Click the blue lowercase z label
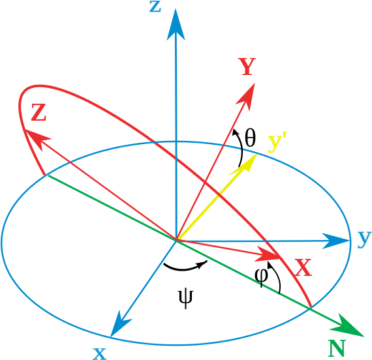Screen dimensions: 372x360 pyautogui.click(x=155, y=7)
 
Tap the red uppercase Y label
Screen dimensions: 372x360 pyautogui.click(x=247, y=67)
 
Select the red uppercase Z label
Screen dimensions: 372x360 pyautogui.click(x=39, y=113)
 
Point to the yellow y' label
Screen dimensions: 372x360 pyautogui.click(x=277, y=143)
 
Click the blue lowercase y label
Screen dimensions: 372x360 pyautogui.click(x=364, y=239)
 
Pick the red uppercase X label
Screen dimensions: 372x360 pyautogui.click(x=303, y=267)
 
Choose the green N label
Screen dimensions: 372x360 pyautogui.click(x=337, y=348)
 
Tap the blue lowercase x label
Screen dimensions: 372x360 pyautogui.click(x=99, y=353)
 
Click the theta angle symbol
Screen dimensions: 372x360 pyautogui.click(x=251, y=138)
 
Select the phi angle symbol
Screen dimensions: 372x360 pyautogui.click(x=261, y=277)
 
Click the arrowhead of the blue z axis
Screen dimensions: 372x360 pyautogui.click(x=176, y=25)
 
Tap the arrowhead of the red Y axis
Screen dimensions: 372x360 pyautogui.click(x=247, y=96)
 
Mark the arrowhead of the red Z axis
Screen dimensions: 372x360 pyautogui.click(x=37, y=139)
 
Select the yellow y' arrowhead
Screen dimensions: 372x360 pyautogui.click(x=245, y=164)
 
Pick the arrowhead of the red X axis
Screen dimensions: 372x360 pyautogui.click(x=268, y=254)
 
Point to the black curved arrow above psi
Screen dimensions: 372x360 pyautogui.click(x=184, y=269)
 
